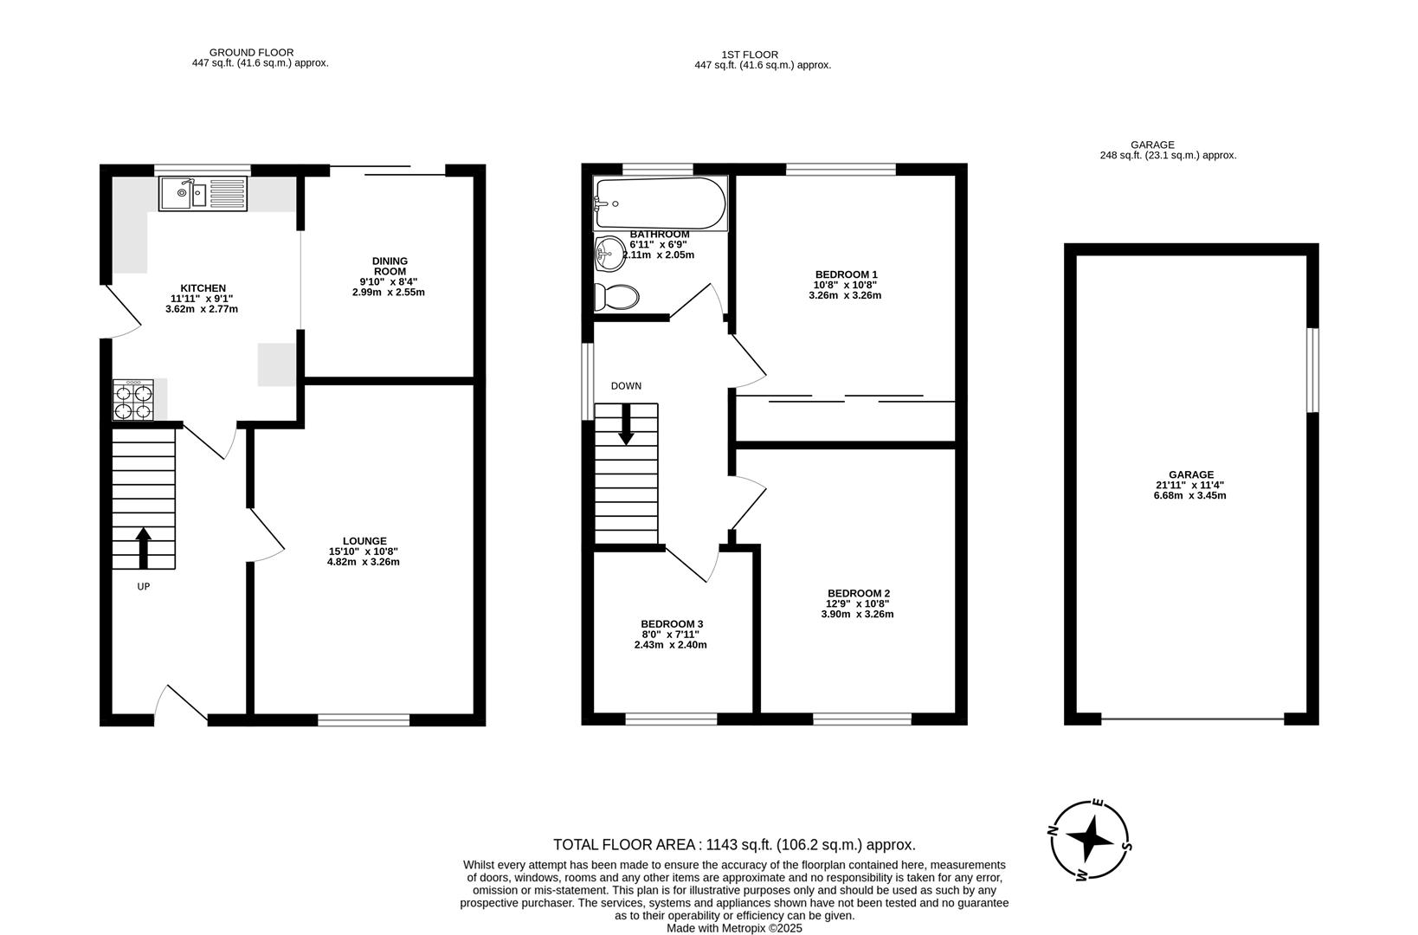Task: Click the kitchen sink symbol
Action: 203,193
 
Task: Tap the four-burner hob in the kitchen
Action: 132,400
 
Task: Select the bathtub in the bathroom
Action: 660,203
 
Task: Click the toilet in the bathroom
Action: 616,297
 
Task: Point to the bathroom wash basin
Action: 609,254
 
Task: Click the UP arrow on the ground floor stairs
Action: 144,548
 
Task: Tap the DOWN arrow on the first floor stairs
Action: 625,425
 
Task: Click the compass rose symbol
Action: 1089,837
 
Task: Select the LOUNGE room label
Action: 364,541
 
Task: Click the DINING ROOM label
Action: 390,266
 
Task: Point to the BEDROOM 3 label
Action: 671,623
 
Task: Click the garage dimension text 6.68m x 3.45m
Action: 1190,495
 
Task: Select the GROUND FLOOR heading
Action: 251,53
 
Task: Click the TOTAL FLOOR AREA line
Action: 734,844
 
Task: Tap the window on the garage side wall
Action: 1312,370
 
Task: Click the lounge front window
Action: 363,719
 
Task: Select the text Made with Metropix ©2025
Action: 734,927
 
